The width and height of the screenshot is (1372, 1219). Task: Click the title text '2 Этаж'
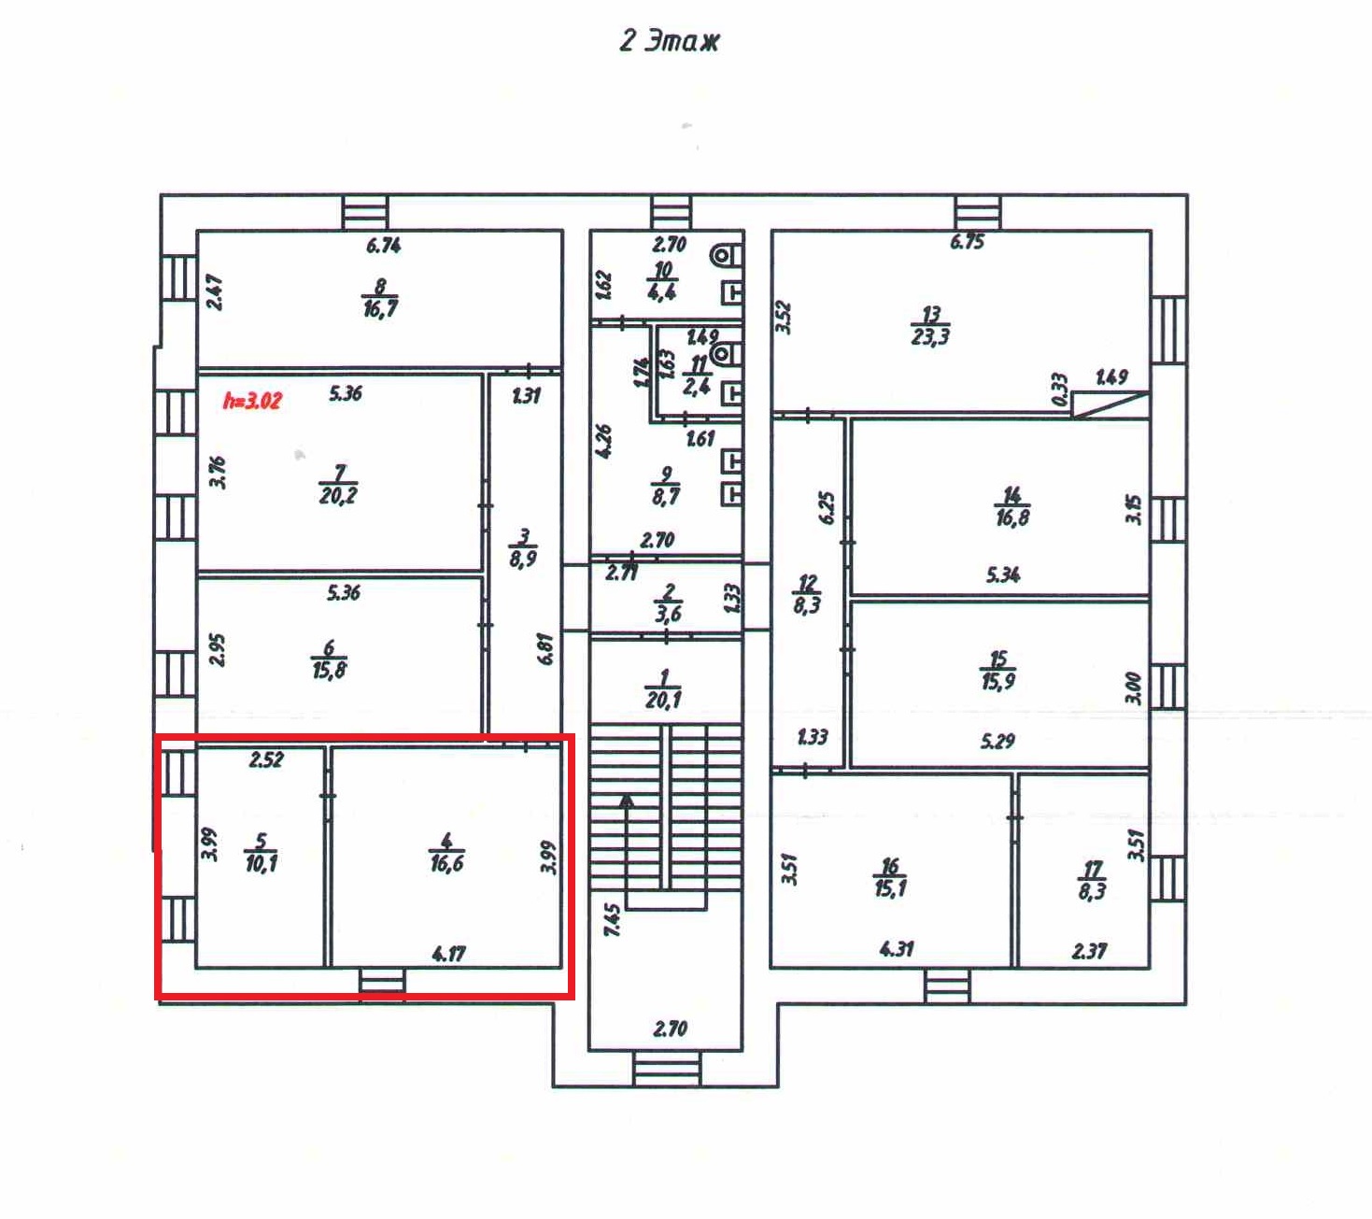[x=670, y=41]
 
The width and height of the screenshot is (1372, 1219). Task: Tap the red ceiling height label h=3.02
[x=252, y=401]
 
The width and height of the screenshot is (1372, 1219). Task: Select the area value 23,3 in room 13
[x=930, y=337]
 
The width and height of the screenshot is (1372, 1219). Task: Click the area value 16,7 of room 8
[x=380, y=308]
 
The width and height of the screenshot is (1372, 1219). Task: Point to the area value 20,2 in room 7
[x=338, y=496]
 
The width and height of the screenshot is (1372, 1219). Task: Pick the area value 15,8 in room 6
[x=329, y=670]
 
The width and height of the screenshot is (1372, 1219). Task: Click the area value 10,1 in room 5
[x=261, y=863]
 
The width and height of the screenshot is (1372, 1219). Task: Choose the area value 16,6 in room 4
[x=446, y=864]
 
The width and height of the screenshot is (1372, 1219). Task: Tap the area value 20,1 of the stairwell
[x=663, y=700]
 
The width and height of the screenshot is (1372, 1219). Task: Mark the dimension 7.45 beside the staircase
[x=612, y=919]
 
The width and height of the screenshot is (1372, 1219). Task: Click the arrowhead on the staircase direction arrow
[x=627, y=801]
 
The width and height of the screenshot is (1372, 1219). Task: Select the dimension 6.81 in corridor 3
[x=545, y=648]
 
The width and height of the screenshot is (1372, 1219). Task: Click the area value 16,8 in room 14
[x=1012, y=517]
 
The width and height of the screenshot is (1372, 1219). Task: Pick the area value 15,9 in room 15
[x=998, y=682]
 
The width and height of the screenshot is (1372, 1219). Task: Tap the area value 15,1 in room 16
[x=890, y=887]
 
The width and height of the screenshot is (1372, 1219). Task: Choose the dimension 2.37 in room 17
[x=1089, y=951]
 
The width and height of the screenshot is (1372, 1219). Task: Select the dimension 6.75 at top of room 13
[x=967, y=242]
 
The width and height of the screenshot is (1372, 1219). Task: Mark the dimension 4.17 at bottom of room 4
[x=448, y=954]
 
